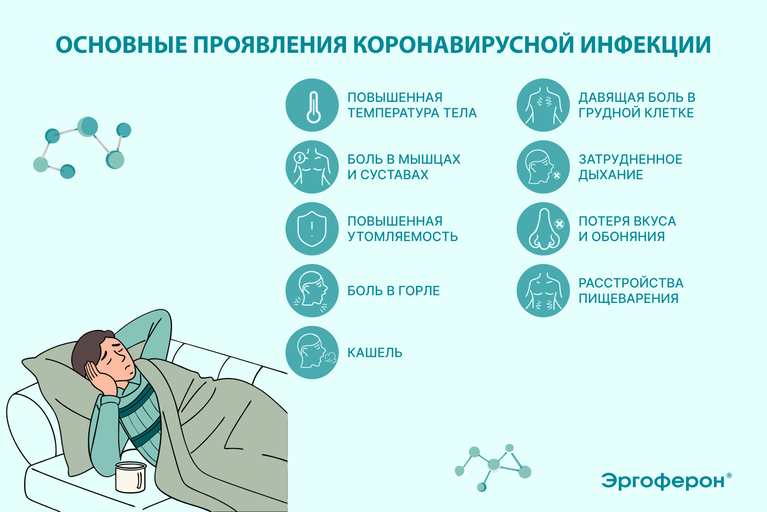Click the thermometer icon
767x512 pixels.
313,107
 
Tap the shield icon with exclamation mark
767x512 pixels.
312,229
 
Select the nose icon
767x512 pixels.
544,229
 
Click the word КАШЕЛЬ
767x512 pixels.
374,353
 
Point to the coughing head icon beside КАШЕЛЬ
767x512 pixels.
312,352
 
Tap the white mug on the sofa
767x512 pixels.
130,477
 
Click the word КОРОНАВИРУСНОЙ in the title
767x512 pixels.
463,45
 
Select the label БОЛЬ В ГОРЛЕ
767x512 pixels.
394,291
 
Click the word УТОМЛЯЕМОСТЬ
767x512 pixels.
403,237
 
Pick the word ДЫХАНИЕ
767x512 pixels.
610,175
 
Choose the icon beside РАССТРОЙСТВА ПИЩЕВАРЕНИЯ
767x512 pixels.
543,291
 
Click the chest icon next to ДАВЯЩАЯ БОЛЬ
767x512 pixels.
543,105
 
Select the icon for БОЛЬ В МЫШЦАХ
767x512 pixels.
312,167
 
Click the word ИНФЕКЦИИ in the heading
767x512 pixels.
646,45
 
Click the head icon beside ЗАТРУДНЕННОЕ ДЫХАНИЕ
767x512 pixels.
543,167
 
